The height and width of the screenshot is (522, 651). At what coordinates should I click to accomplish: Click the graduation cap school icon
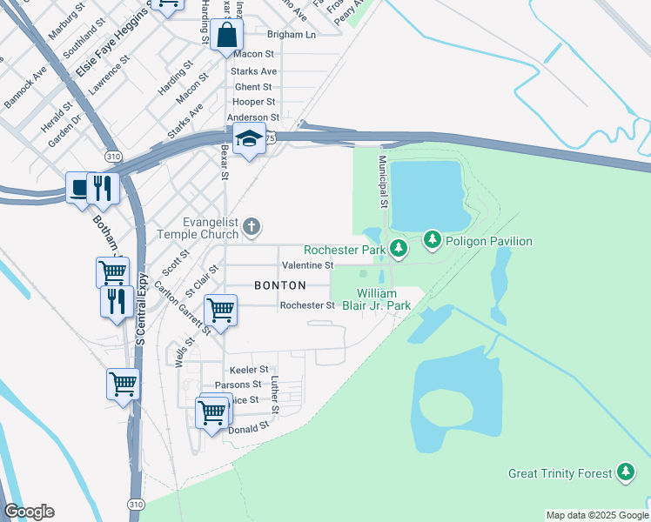click(249, 139)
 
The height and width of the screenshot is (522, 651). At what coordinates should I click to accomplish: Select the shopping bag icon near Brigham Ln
click(226, 37)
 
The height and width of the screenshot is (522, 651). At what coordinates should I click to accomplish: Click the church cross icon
click(252, 228)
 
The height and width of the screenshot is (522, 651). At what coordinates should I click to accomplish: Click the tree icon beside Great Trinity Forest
click(625, 472)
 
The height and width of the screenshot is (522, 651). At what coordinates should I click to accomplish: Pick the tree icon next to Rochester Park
click(399, 250)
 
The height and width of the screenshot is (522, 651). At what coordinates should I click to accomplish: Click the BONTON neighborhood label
click(280, 285)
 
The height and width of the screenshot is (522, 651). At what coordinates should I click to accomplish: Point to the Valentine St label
click(307, 264)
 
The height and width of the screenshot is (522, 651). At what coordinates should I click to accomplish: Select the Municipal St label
click(382, 183)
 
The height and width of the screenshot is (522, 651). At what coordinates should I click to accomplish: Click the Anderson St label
click(252, 117)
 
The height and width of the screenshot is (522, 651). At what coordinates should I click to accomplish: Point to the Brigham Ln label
click(292, 35)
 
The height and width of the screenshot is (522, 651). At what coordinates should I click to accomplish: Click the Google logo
click(29, 512)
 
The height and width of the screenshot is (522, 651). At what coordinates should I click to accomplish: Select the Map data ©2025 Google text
click(596, 515)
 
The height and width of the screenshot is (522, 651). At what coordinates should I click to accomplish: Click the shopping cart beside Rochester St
click(220, 310)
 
